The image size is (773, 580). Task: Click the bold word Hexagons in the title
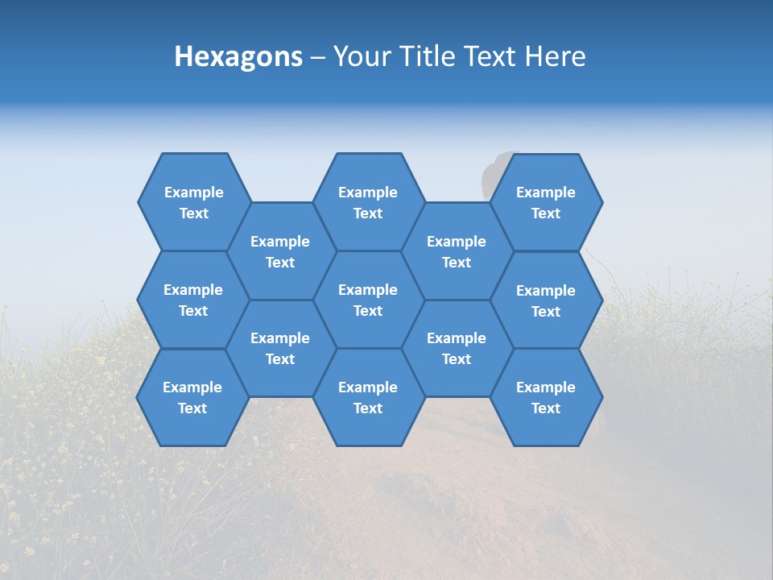pos(238,56)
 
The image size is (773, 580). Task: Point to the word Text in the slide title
pos(491,56)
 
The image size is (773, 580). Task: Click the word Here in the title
pos(556,56)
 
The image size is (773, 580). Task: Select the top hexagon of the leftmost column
pos(193,202)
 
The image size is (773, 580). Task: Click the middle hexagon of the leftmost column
pos(193,300)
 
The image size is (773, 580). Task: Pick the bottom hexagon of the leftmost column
pos(192,397)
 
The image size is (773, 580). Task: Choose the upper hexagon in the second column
pos(280,251)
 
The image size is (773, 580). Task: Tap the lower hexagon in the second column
pos(280,348)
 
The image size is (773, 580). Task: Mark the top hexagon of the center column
pos(368,202)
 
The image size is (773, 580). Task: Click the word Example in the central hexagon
pos(368,290)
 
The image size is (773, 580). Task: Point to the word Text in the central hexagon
pos(368,311)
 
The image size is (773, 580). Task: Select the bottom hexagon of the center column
pos(368,397)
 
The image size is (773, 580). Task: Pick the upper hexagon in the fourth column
pos(457,251)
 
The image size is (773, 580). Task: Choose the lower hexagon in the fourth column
pos(457,348)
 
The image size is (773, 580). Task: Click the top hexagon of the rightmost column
pos(546,202)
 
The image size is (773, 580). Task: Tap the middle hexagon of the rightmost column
pos(546,300)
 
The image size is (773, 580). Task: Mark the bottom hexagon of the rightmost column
pos(546,397)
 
